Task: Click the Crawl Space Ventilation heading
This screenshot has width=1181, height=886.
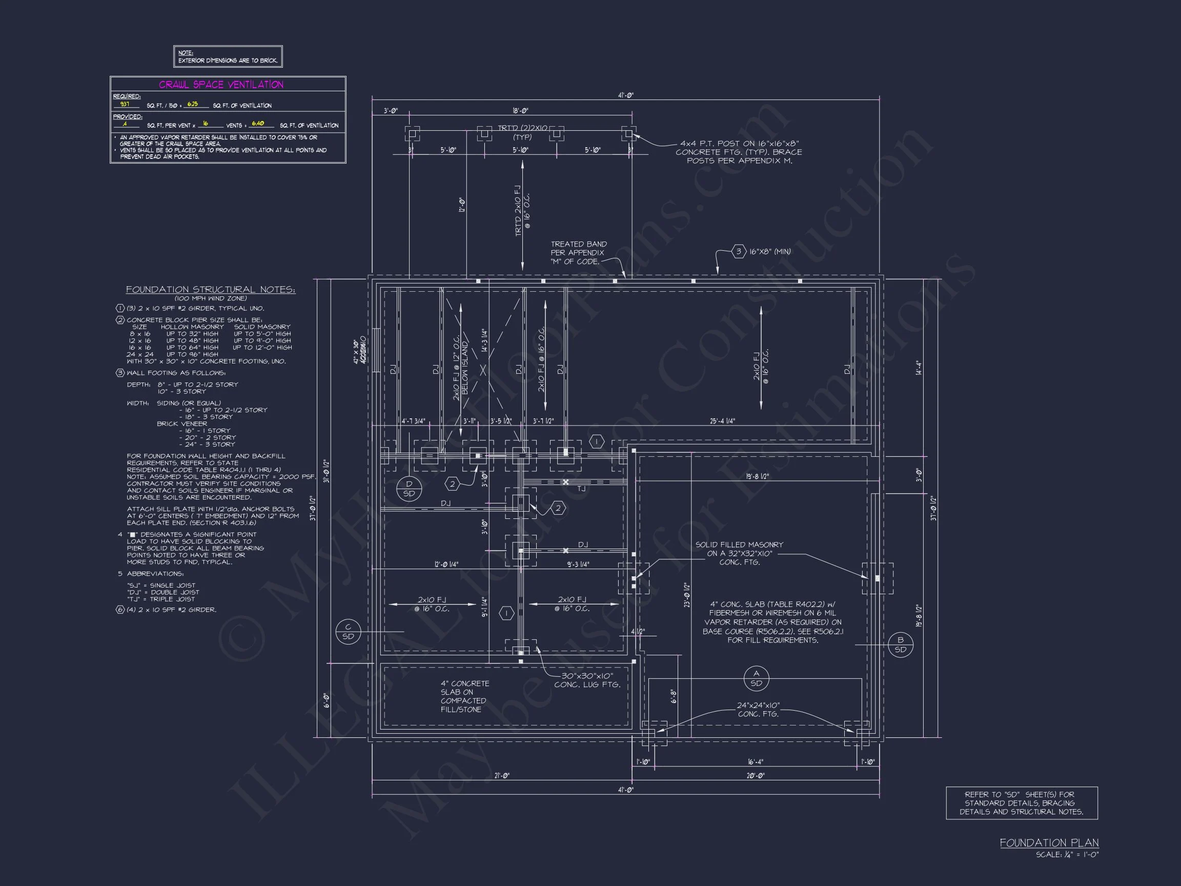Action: (221, 85)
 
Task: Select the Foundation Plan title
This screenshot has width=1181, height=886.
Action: (1049, 843)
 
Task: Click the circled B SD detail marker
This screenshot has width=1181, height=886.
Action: (900, 645)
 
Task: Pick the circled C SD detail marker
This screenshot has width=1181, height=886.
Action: (348, 632)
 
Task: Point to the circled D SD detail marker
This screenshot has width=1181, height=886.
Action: (409, 489)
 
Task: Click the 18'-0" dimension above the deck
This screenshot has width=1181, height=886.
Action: (520, 111)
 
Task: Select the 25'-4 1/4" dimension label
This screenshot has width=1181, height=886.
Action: (722, 421)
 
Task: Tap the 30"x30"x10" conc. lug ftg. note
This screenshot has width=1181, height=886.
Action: (587, 680)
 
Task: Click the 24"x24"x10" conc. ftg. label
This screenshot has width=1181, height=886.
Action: (758, 709)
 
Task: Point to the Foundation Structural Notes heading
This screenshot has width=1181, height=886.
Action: (210, 290)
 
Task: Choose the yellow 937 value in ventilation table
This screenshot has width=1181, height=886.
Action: (125, 104)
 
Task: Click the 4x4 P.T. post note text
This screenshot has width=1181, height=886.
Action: (739, 152)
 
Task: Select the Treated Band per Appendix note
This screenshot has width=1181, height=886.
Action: (578, 253)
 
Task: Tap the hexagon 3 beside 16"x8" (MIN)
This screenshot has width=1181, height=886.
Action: (739, 251)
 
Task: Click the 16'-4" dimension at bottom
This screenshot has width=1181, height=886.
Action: (755, 762)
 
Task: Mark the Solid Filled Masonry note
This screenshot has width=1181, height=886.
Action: (739, 553)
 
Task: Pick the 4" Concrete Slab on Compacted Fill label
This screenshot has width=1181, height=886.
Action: (464, 696)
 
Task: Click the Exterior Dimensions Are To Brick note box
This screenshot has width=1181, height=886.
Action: (228, 56)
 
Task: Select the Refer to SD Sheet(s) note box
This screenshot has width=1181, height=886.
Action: (1022, 803)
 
